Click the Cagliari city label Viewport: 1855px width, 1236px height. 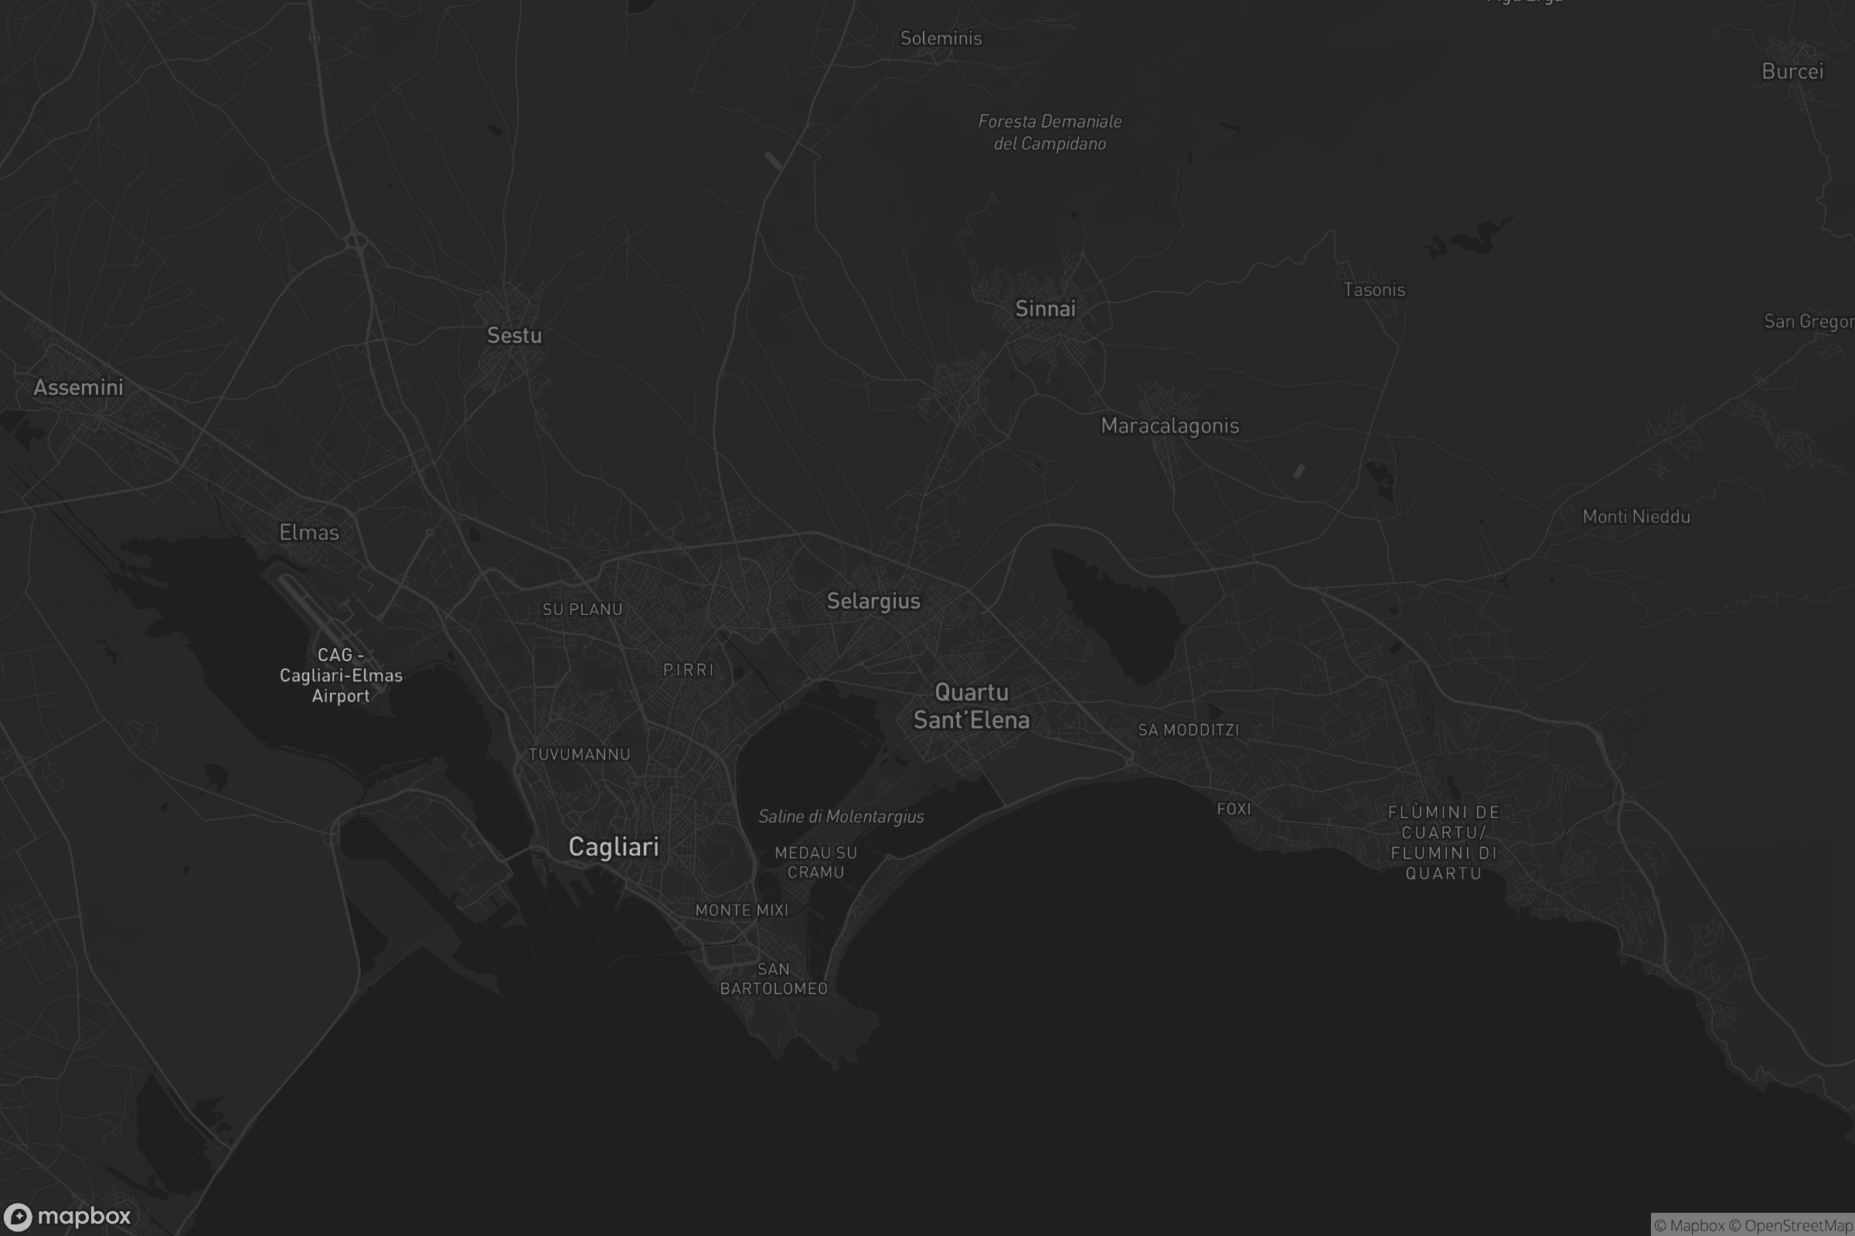click(614, 847)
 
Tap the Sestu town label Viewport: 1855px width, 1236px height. click(514, 336)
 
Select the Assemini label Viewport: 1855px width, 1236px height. click(78, 387)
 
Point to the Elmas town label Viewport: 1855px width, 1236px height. click(309, 533)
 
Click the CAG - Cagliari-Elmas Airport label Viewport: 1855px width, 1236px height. click(341, 675)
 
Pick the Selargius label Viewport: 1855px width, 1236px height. click(873, 602)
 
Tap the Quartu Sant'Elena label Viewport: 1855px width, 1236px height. click(971, 706)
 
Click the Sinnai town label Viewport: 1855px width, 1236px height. click(1045, 309)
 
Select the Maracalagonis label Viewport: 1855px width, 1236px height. click(1169, 426)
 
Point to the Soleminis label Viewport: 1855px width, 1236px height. click(941, 39)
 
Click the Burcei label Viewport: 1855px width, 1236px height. click(1792, 72)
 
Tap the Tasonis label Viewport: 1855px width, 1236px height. click(1374, 290)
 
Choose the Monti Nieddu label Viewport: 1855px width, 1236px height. click(1635, 517)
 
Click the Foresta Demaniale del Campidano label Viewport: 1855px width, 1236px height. click(1050, 132)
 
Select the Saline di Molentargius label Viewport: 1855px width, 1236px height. click(841, 817)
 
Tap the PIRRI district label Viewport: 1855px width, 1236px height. click(689, 670)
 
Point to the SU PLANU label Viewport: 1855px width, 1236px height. click(582, 610)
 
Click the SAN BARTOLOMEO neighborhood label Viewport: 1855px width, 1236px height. click(774, 979)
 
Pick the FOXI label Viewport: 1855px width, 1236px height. click(1234, 810)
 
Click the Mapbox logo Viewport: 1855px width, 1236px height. click(68, 1216)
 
